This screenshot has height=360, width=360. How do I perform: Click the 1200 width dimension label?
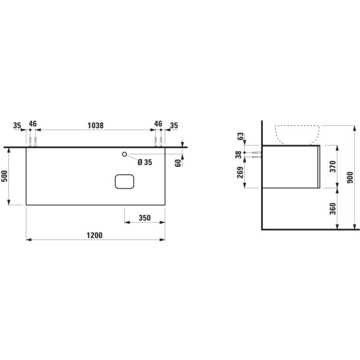tap(94, 235)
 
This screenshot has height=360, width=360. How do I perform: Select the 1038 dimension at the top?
tap(95, 125)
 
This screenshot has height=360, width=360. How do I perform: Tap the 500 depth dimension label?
tap(4, 176)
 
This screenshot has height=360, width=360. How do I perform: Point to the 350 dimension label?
tap(145, 218)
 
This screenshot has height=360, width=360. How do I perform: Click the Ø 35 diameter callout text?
tap(145, 163)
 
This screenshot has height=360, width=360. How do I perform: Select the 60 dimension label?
tap(178, 163)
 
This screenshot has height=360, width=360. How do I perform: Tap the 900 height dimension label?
tap(350, 177)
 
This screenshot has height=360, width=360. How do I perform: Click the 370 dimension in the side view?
tap(332, 166)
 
